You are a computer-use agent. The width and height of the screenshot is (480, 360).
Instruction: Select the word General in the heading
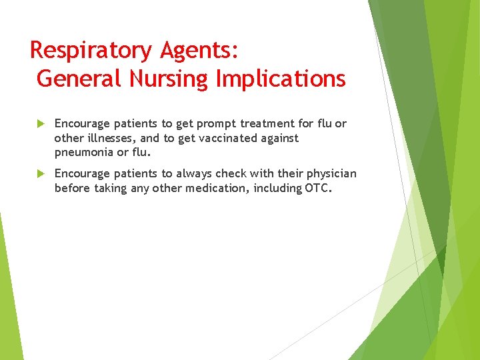[79, 79]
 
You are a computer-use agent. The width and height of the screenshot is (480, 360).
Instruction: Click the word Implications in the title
[281, 79]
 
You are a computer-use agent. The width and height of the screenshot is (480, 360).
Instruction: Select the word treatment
[269, 123]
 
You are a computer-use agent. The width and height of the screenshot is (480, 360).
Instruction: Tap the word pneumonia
[83, 153]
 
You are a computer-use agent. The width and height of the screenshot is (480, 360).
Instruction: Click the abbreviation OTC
[317, 188]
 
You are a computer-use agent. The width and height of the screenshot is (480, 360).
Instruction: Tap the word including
[278, 188]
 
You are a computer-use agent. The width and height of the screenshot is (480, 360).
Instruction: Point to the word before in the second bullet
[72, 188]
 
